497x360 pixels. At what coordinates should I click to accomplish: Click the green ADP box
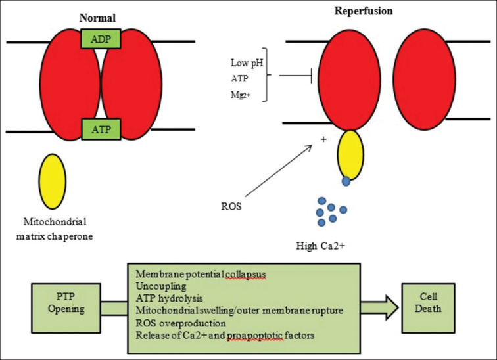coord(101,39)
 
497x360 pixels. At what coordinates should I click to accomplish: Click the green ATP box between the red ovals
coord(101,129)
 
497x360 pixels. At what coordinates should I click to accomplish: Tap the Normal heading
coord(97,18)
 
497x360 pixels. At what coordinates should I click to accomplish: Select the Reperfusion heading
coord(364,11)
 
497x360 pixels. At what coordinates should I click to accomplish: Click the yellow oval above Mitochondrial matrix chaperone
coord(53,181)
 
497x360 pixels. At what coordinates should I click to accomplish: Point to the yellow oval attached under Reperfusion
coord(350,155)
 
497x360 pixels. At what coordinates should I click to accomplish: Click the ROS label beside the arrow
coord(231,206)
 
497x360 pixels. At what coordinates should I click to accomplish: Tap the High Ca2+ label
coord(320,246)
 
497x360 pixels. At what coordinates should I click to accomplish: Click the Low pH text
coord(247,63)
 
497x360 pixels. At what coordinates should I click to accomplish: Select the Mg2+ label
coord(241,95)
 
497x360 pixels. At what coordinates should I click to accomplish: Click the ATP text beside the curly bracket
coord(239,78)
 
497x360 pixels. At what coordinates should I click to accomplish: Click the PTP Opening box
coord(66,308)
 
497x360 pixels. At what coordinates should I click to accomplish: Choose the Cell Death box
coord(428,308)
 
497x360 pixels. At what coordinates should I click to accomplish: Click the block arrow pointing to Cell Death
coord(379,307)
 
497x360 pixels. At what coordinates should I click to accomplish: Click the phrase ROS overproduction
coord(181,323)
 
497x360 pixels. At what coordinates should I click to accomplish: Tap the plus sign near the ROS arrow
coord(323,139)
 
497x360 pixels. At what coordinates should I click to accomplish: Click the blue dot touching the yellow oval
coord(346,181)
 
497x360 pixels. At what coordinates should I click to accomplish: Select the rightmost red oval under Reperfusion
coord(424,79)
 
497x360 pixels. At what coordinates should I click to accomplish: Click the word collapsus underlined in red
coord(245,274)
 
